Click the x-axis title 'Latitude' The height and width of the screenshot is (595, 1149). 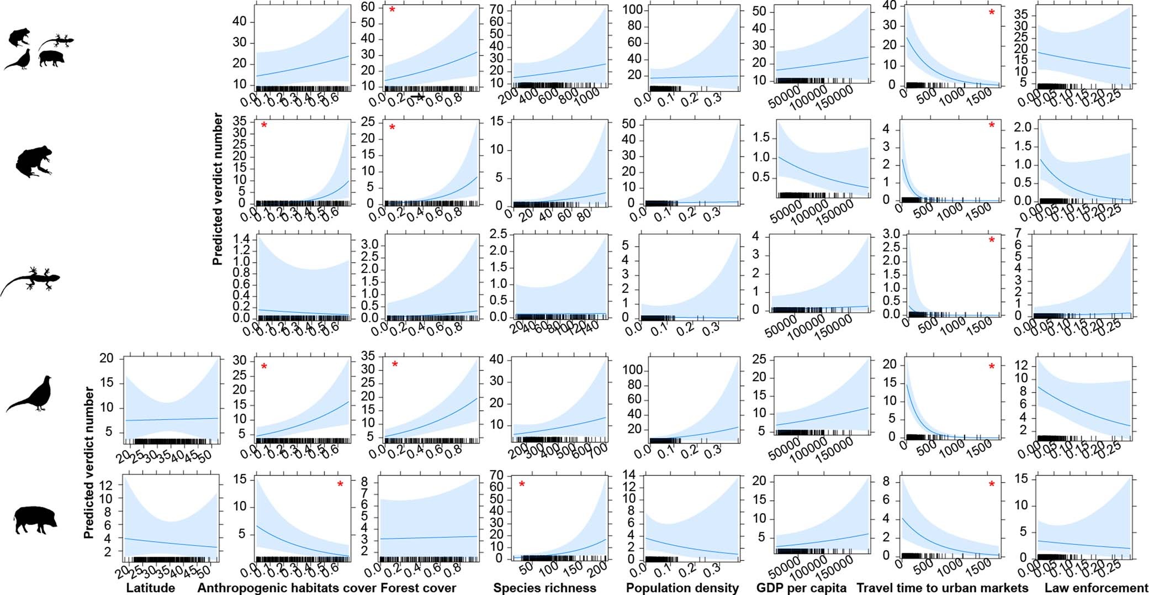point(150,588)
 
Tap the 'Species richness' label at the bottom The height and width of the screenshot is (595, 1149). point(544,588)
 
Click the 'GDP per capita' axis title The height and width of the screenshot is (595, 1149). point(801,588)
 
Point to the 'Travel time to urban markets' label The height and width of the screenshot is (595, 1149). point(942,588)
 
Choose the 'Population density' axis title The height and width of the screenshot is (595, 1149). point(682,588)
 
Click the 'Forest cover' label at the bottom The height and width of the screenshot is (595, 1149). point(419,588)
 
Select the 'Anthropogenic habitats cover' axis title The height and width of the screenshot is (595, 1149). point(287,588)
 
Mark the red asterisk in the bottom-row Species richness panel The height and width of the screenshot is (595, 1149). point(522,485)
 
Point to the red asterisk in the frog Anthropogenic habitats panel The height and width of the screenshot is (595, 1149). point(264,126)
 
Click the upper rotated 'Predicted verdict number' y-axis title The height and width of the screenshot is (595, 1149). point(218,189)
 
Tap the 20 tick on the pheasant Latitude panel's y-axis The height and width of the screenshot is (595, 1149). point(107,358)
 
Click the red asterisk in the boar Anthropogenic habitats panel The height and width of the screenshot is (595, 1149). point(340,485)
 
